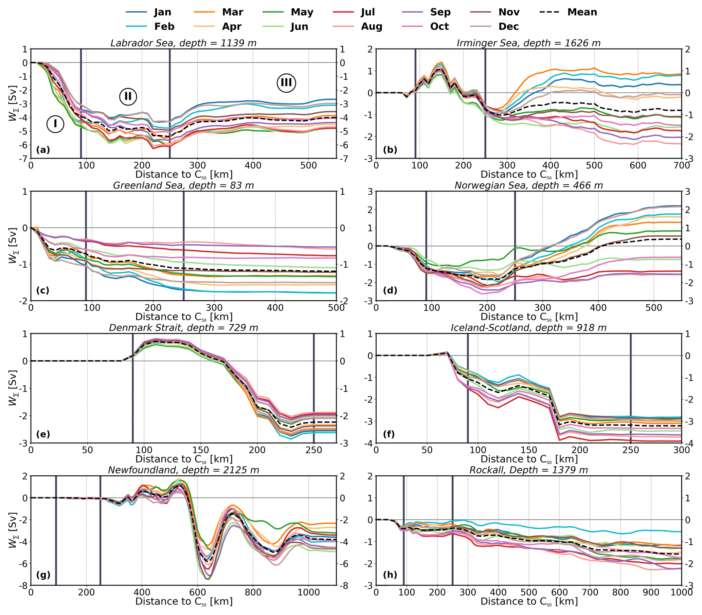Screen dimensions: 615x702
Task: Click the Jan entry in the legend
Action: point(162,12)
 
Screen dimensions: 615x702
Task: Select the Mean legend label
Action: point(582,12)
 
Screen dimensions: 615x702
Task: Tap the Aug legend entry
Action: point(372,26)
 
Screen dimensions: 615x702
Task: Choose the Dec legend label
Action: point(508,26)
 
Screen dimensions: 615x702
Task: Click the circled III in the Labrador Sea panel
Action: point(286,83)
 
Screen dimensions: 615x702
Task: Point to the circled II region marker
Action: point(128,96)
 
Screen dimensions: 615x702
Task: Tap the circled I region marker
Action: point(55,124)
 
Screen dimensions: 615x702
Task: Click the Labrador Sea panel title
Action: point(183,43)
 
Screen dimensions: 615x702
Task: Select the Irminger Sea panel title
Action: point(528,43)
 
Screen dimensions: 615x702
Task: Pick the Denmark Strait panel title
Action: point(183,328)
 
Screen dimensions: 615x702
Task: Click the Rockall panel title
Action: point(528,470)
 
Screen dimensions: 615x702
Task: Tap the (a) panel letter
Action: point(43,150)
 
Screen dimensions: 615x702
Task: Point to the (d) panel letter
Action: point(390,290)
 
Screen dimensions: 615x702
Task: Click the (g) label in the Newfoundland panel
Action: point(43,575)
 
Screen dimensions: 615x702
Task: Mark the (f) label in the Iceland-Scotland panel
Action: point(389,434)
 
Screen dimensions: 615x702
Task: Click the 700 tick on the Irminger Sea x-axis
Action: point(681,165)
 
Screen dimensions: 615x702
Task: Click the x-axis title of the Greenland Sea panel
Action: point(184,316)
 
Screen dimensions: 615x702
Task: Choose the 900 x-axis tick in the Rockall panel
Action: point(651,592)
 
